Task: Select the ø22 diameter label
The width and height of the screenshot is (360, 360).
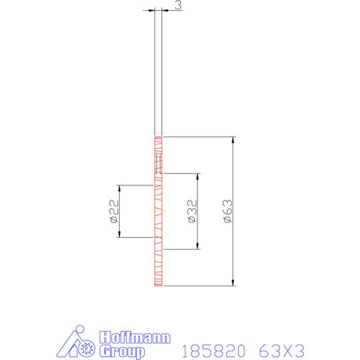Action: (112, 211)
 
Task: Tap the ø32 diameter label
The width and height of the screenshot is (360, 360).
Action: (191, 212)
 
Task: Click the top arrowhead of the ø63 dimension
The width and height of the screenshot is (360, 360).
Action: (232, 140)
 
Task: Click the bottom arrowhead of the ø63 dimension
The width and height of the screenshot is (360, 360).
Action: (232, 284)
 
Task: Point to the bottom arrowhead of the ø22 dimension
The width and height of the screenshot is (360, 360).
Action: (118, 236)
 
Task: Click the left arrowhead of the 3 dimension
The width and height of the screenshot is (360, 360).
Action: (153, 10)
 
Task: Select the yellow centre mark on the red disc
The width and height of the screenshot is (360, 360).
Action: (159, 212)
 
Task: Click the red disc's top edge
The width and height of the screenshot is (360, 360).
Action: (159, 138)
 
